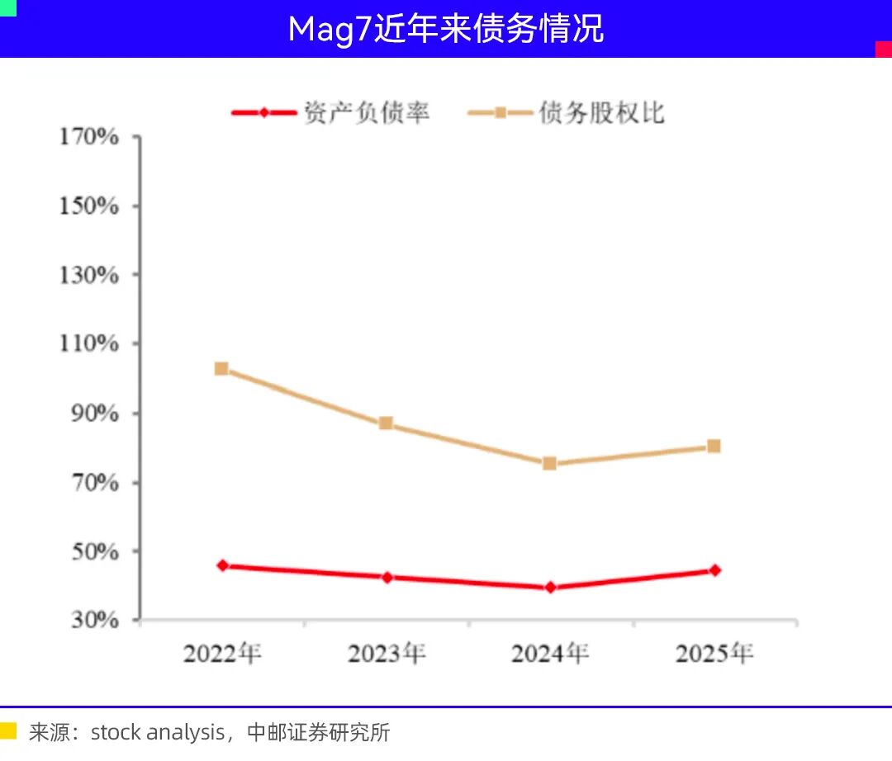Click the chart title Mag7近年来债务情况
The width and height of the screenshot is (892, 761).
[445, 28]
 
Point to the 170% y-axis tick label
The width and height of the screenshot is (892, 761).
[89, 136]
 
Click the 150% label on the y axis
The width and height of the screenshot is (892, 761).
[89, 206]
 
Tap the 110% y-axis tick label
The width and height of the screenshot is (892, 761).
[89, 343]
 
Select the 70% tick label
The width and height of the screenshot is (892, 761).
[95, 483]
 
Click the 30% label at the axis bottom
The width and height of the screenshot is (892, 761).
[95, 620]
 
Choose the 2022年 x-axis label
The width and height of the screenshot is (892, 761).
[222, 654]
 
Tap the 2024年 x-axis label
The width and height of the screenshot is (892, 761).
[550, 654]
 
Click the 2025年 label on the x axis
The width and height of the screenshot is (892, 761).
[714, 654]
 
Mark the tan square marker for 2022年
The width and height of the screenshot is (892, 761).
[222, 369]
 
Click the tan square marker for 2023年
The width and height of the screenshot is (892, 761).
[386, 423]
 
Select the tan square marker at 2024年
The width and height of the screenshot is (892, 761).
[549, 464]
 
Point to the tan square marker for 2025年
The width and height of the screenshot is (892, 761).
[714, 447]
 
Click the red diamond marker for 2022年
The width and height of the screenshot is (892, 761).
[223, 565]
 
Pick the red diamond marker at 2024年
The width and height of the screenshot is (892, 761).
[550, 587]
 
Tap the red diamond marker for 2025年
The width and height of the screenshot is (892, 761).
[715, 570]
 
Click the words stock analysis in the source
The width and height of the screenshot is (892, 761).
[158, 733]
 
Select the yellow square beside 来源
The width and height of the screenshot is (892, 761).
[8, 731]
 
